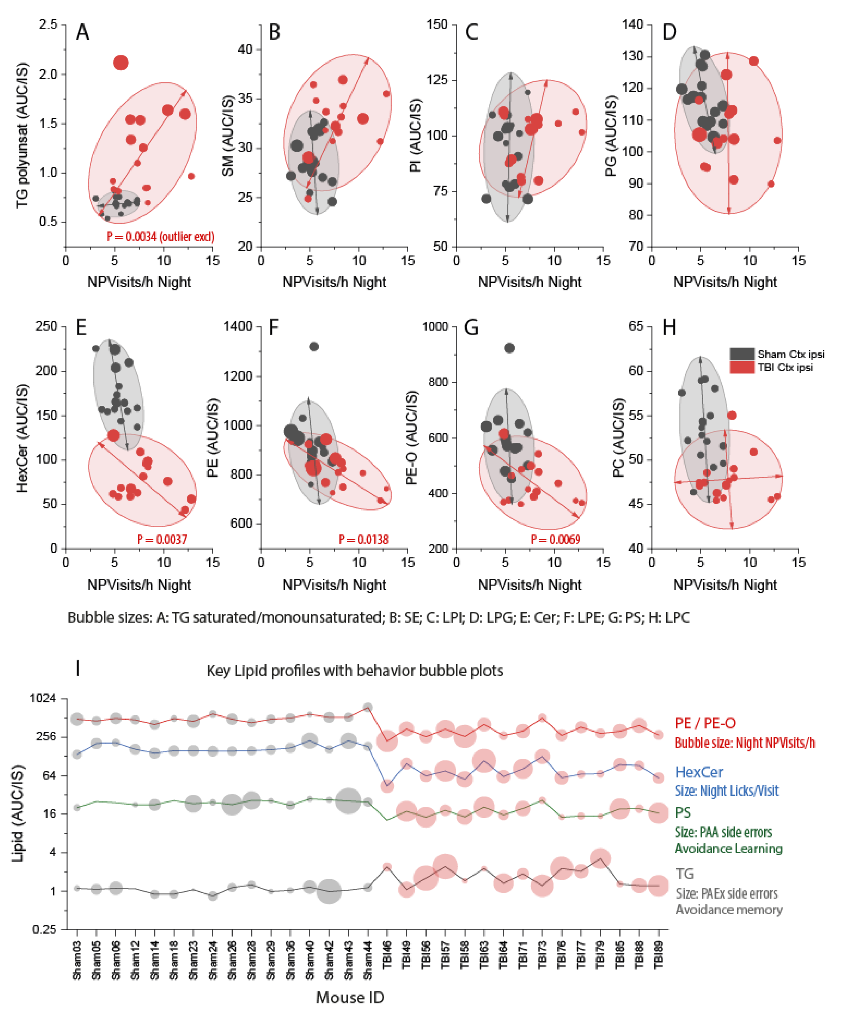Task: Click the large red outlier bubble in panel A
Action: [121, 63]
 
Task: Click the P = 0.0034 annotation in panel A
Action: [160, 237]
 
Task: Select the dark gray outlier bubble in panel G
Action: [509, 348]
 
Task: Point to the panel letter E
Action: [81, 328]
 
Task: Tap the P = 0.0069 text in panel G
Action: [555, 539]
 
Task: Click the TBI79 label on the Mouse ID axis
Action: [600, 962]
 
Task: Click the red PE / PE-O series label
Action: [705, 723]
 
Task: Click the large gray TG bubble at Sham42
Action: [329, 891]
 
